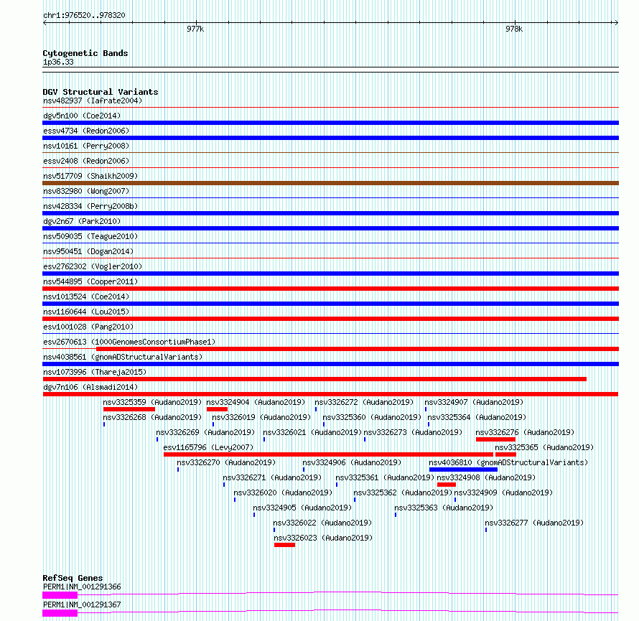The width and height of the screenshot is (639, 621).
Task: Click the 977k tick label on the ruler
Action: pos(195,29)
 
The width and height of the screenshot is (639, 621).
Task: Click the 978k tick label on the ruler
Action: pos(513,29)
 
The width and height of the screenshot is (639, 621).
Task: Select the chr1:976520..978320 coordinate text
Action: pos(84,15)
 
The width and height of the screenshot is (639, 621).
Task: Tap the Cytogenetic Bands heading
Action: pos(85,53)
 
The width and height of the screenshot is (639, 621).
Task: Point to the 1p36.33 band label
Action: pos(58,62)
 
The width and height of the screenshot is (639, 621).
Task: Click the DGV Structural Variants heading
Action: pos(100,92)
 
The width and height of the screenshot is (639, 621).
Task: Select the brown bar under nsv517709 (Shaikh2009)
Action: pos(330,183)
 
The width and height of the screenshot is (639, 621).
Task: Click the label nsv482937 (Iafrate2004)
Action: pos(93,101)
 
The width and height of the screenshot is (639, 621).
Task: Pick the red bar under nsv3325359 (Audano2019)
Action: pos(129,409)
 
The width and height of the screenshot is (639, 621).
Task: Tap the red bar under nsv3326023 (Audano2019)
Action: pos(284,545)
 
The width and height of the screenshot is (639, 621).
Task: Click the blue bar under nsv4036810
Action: pos(463,470)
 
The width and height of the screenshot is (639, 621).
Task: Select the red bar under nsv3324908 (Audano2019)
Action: pos(446,485)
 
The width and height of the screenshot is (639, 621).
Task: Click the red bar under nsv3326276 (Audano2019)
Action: pos(495,439)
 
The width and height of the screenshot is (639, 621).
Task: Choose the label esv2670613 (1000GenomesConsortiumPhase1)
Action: pos(129,342)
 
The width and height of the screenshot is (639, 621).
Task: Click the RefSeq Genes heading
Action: pos(72,578)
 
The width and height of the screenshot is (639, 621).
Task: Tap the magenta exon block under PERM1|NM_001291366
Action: pos(60,594)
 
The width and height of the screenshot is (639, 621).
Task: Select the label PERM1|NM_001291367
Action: pos(82,604)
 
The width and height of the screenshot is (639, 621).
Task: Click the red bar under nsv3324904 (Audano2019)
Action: pos(217,409)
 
